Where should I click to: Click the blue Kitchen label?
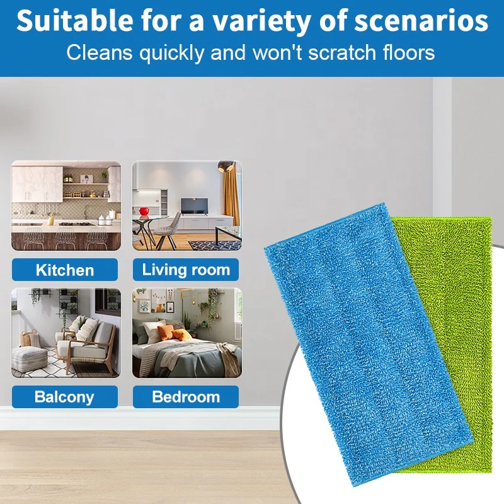(65, 270)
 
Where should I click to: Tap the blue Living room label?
(186, 270)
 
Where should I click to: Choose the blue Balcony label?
(65, 397)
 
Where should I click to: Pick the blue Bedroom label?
(186, 397)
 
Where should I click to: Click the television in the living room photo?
(195, 205)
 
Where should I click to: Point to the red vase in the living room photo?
(144, 210)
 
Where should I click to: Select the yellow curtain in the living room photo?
(231, 195)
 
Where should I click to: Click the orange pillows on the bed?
(171, 333)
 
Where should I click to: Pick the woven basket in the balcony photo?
(26, 339)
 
